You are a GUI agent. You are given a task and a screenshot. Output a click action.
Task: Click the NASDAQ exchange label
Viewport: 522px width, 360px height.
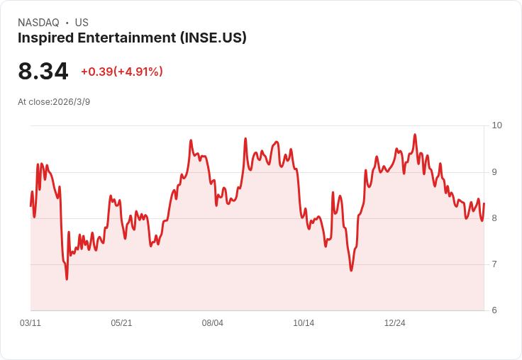tap(38, 23)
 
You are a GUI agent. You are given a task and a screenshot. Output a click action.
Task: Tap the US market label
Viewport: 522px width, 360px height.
tap(82, 23)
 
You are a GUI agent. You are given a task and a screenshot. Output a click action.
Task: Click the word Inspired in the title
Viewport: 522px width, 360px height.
tap(44, 38)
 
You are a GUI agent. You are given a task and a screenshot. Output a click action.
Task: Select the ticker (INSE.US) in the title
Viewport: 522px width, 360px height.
tap(213, 38)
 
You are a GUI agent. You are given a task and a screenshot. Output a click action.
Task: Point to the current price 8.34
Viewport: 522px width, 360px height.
tap(43, 72)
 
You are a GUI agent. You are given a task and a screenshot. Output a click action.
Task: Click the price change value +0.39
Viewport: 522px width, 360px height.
tap(96, 72)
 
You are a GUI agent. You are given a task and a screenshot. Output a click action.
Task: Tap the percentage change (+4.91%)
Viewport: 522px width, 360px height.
tap(138, 72)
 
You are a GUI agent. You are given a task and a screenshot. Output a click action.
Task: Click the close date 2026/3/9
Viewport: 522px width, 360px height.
tap(71, 102)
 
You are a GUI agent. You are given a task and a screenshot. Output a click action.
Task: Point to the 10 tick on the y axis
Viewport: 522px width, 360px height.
tap(496, 125)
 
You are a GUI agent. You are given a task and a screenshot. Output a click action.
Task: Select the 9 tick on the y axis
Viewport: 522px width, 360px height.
tap(494, 172)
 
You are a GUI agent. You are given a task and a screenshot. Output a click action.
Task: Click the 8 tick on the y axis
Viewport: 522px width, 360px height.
tap(494, 218)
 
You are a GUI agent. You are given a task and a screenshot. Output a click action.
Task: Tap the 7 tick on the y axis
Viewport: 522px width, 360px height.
tap(494, 264)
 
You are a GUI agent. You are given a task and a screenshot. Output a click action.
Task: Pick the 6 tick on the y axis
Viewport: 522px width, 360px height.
tap(494, 310)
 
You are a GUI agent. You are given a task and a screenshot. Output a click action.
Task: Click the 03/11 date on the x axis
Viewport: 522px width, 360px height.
tap(30, 323)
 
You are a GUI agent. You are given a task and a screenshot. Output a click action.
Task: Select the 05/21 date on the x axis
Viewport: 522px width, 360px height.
tap(121, 323)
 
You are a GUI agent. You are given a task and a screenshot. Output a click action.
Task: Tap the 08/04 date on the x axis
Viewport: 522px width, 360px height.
tap(213, 323)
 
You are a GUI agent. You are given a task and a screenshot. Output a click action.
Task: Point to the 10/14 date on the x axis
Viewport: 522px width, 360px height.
tap(304, 323)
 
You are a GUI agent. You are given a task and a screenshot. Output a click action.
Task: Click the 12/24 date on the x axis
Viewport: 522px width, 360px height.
tap(395, 323)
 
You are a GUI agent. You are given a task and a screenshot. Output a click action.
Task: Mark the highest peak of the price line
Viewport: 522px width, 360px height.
tap(415, 135)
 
